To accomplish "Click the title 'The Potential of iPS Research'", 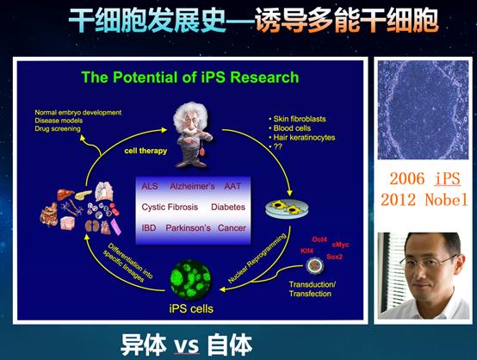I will click(189, 78).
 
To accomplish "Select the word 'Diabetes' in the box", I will click(227, 208).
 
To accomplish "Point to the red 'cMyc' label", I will click(342, 245).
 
